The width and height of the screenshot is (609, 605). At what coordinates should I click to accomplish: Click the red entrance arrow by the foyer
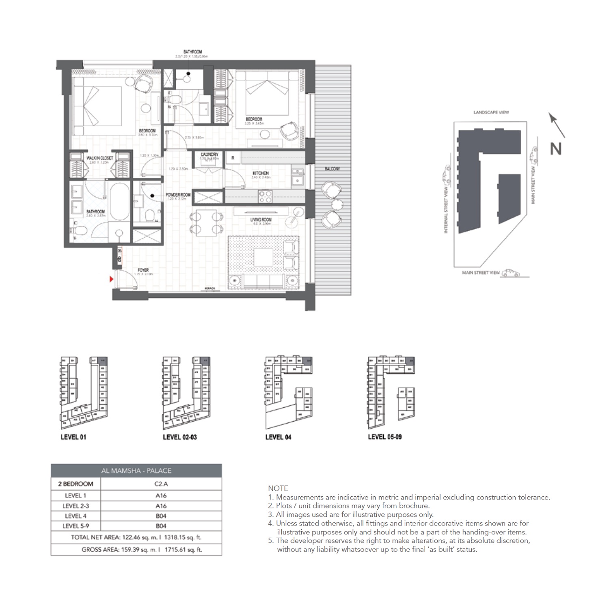click(x=111, y=279)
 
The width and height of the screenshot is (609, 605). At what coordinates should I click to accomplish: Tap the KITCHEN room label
click(x=260, y=173)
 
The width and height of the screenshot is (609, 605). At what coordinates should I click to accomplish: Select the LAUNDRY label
click(x=209, y=155)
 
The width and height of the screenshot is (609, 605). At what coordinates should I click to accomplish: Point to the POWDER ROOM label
click(x=178, y=195)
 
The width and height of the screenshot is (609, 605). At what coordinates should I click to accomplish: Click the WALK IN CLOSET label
click(x=99, y=158)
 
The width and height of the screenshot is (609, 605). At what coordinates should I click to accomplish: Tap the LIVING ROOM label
click(x=261, y=220)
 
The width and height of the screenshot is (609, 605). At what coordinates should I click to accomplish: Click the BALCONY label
click(x=332, y=169)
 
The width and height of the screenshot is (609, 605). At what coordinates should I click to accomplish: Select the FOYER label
click(x=143, y=270)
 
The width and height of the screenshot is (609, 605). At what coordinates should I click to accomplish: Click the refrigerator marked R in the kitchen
click(x=233, y=157)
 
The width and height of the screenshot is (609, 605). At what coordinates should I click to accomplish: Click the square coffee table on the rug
click(x=263, y=257)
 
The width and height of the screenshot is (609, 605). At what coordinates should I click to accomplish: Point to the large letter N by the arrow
click(x=555, y=149)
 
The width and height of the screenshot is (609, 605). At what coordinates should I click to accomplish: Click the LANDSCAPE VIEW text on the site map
click(x=491, y=112)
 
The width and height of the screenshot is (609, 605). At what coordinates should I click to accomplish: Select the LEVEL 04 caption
click(x=278, y=437)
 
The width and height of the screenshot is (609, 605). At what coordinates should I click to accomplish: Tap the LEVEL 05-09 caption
click(x=384, y=437)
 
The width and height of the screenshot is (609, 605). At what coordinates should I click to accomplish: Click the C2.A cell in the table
click(x=161, y=484)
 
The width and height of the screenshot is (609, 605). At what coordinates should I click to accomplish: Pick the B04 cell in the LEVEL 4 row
click(x=161, y=516)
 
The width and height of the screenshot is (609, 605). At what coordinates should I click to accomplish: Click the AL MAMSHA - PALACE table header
click(x=136, y=471)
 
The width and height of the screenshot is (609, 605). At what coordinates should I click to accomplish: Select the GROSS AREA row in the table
click(x=136, y=550)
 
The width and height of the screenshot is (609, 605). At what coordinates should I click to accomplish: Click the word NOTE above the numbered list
click(x=278, y=488)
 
